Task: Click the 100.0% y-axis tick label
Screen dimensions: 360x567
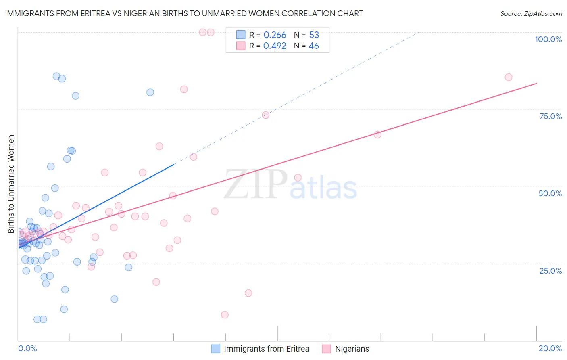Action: (548, 39)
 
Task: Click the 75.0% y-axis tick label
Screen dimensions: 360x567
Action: (550, 116)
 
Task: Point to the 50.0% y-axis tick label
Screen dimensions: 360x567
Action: (550, 193)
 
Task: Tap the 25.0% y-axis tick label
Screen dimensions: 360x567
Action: (550, 270)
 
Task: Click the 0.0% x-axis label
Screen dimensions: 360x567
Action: (27, 348)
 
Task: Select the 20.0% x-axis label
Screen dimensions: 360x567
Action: (550, 348)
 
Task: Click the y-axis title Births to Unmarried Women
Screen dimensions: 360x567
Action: (11, 184)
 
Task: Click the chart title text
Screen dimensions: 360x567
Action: (184, 13)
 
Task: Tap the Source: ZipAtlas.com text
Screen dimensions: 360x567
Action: (531, 13)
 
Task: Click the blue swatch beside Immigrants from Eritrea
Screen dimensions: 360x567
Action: (216, 349)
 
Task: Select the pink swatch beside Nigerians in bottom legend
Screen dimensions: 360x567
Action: (327, 349)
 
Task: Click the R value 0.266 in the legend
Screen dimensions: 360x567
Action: (275, 35)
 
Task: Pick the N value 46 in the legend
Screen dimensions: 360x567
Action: (314, 46)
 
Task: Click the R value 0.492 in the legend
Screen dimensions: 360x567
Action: (275, 46)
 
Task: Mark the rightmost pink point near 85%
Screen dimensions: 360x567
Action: (509, 77)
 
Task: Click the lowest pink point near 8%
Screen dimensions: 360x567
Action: (225, 315)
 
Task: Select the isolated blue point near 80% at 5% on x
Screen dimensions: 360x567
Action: (150, 92)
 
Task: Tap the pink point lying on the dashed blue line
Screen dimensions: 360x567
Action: (265, 115)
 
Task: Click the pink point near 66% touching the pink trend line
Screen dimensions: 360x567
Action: (377, 134)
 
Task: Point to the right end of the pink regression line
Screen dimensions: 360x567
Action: (536, 83)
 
